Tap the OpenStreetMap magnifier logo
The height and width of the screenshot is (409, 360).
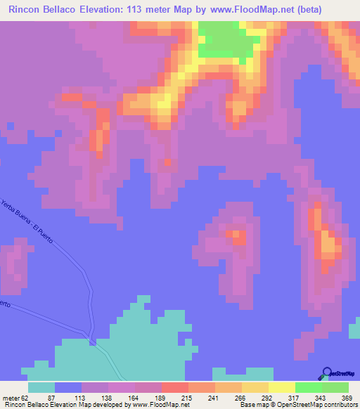(328, 373)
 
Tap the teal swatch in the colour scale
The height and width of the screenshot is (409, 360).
(41, 387)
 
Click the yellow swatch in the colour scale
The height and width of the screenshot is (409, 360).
(281, 387)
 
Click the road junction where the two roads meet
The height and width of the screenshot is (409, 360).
(92, 342)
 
